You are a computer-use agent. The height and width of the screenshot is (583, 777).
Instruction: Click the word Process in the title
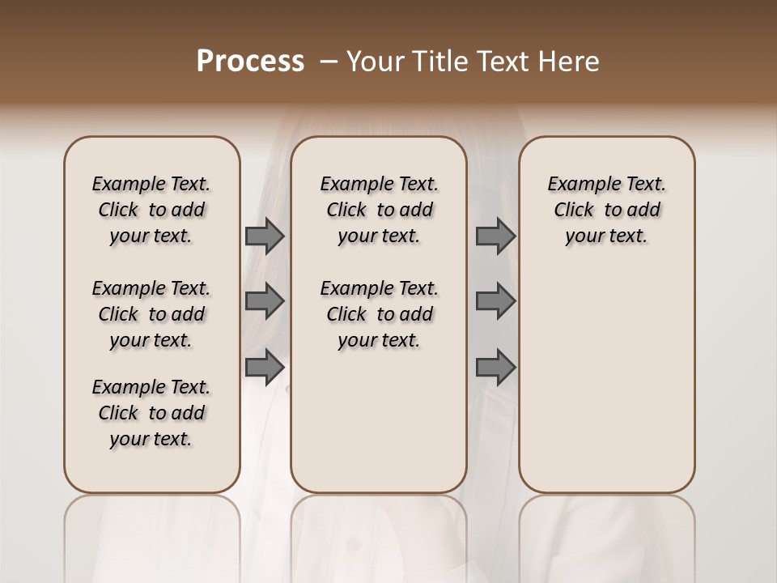(250, 62)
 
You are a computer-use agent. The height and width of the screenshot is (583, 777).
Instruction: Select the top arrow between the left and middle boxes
(265, 236)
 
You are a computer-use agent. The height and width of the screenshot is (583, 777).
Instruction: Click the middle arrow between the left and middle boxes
(265, 301)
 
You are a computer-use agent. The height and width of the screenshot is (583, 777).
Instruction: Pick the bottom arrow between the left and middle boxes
(265, 367)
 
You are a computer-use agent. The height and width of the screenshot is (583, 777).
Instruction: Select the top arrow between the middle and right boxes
(495, 236)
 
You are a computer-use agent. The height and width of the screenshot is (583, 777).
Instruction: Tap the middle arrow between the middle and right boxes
(495, 301)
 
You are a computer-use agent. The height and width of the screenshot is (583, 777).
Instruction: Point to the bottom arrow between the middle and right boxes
(495, 367)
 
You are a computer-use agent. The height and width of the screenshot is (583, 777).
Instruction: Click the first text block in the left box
(151, 210)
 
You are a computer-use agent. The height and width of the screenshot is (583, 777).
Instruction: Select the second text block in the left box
(151, 314)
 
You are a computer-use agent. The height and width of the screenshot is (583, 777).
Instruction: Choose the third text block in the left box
(151, 413)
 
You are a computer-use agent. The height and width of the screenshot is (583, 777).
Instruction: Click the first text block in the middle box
(379, 210)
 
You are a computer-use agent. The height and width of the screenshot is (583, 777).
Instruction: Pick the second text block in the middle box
(379, 314)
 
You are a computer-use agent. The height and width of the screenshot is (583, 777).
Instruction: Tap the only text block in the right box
(606, 210)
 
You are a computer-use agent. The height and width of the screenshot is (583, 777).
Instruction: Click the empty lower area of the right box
(606, 381)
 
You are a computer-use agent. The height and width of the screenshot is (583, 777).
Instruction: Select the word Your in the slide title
(374, 62)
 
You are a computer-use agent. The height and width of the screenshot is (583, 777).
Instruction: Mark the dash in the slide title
(328, 62)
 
